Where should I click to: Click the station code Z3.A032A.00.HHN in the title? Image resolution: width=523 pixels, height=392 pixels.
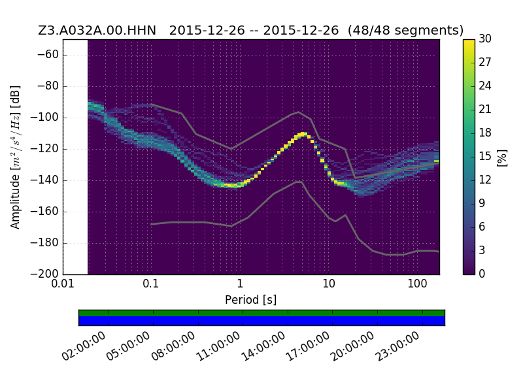coord(97,30)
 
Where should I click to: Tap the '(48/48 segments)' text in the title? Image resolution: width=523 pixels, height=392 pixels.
coord(405,30)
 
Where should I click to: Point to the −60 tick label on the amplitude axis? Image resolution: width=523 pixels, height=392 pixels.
coord(48,55)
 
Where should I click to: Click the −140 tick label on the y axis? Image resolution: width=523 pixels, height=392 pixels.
coord(45,180)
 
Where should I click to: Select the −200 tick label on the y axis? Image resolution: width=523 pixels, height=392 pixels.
coord(45,274)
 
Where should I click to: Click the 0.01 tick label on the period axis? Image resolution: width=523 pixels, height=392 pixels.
coord(63,284)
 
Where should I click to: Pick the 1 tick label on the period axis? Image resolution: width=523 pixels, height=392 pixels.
coord(240,284)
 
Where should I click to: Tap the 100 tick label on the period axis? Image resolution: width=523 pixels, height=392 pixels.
coord(417,284)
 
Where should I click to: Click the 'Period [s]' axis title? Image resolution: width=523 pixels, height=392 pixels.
coord(251,300)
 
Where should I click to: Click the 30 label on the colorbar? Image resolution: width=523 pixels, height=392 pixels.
coord(485,39)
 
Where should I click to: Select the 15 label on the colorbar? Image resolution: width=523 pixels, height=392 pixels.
coord(485,156)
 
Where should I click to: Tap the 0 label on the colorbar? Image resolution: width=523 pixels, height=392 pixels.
coord(482,274)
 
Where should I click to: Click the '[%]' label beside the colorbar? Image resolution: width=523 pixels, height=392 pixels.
coord(502,158)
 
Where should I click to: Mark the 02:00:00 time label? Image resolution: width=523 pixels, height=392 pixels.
coord(84,347)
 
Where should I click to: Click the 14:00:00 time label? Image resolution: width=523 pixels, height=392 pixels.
coord(263,347)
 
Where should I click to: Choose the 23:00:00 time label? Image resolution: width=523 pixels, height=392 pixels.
coord(397,347)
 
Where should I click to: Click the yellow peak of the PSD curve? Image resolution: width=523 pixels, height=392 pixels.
coord(303,134)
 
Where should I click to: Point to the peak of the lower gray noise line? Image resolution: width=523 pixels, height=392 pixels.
coord(299,182)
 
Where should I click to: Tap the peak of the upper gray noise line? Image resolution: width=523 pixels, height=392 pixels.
coord(299,112)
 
